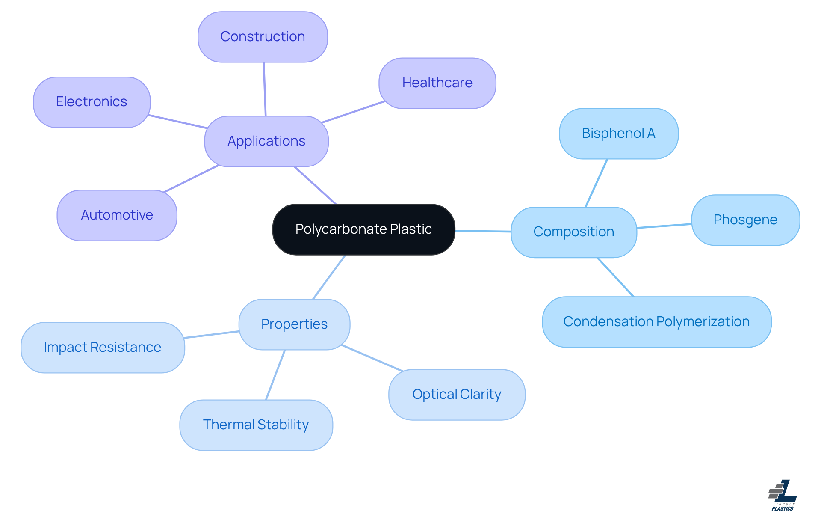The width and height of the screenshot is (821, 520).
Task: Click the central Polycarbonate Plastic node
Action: click(363, 229)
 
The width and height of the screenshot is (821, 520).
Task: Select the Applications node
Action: click(266, 141)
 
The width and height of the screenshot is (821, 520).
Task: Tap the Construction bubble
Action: click(263, 37)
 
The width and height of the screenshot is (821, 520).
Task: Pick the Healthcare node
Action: click(437, 83)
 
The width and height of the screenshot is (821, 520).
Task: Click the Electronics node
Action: click(92, 102)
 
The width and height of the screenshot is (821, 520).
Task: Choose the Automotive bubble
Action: click(117, 215)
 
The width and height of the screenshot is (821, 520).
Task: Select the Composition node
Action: click(573, 232)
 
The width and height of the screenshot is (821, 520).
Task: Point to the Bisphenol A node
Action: click(618, 134)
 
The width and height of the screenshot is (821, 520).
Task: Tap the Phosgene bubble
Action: click(745, 220)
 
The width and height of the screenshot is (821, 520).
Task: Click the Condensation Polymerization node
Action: click(656, 322)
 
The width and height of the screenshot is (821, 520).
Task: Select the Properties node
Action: click(294, 324)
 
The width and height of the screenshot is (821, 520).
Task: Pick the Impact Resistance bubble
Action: click(103, 348)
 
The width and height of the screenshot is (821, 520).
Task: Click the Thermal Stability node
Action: click(256, 425)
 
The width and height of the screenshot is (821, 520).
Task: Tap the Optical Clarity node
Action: click(457, 395)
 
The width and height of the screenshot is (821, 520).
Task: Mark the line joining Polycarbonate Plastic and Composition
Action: click(483, 231)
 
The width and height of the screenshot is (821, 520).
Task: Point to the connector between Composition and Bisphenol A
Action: click(597, 183)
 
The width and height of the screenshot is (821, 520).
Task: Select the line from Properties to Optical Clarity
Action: click(372, 358)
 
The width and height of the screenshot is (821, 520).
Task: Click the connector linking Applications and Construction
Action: click(265, 89)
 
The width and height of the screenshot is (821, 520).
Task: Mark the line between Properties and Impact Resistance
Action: click(212, 335)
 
